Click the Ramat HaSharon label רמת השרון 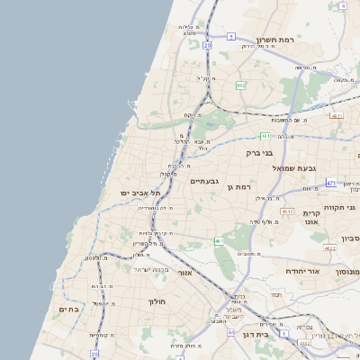click(x=275, y=40)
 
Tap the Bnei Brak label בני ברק click(x=259, y=153)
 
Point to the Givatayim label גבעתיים click(x=205, y=181)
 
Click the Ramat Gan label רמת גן click(x=236, y=186)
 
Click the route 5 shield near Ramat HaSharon click(x=231, y=37)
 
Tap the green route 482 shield click(x=241, y=85)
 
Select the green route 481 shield click(x=265, y=136)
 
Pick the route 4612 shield click(x=287, y=211)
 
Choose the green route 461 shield click(x=219, y=241)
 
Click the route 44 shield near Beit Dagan click(x=231, y=332)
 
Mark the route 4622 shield click(x=330, y=247)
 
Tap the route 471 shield click(x=331, y=183)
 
